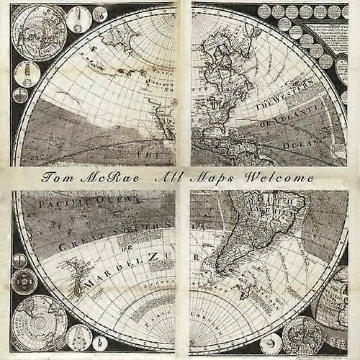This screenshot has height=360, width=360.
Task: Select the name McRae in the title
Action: (107, 177)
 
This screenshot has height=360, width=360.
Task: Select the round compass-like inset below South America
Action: (302, 334)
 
